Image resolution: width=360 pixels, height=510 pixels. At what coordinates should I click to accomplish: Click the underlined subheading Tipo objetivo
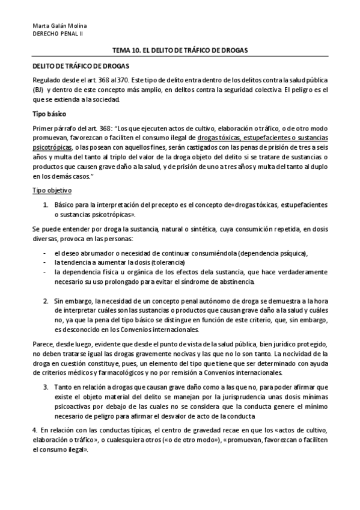point(51,191)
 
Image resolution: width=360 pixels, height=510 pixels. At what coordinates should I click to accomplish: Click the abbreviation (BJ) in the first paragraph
point(37,89)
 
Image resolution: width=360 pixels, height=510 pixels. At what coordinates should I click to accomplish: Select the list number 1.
point(46,205)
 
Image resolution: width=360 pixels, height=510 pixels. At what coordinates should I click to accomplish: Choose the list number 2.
point(46,300)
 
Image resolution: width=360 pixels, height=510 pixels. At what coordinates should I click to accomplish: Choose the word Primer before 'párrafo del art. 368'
point(42,127)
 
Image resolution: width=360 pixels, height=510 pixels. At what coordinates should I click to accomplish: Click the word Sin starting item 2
point(58,300)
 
